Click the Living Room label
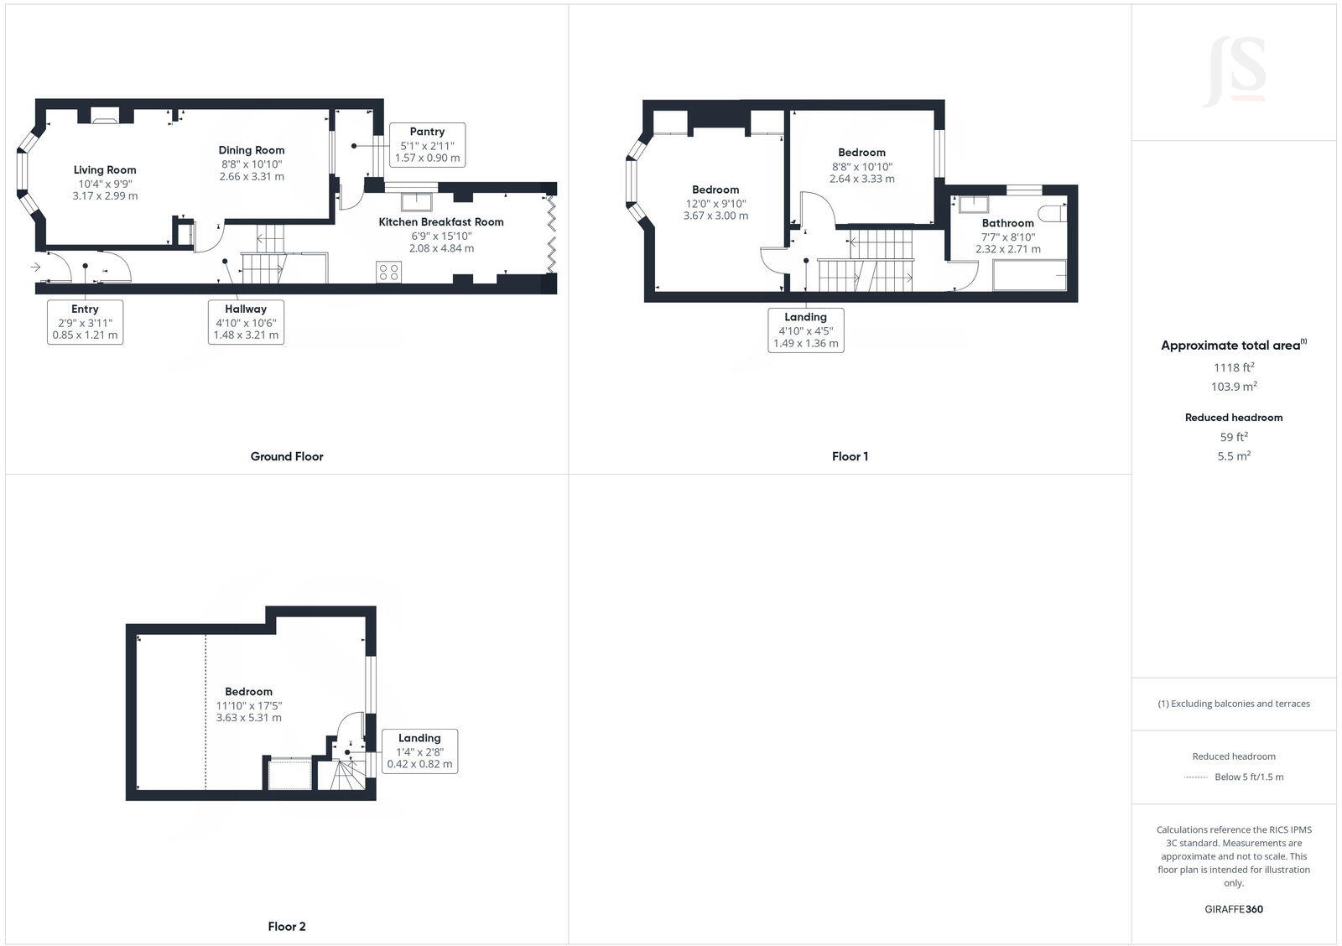(105, 170)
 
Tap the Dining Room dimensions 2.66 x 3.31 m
(252, 177)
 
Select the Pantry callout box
(427, 144)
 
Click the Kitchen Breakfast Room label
(441, 222)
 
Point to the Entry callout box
(85, 322)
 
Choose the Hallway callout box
(245, 322)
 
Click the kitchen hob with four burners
(389, 272)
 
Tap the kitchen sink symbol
(417, 201)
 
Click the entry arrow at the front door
(35, 268)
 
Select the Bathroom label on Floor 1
(1007, 223)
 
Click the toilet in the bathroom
(1053, 211)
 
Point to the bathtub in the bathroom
(1029, 275)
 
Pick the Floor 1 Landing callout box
(805, 330)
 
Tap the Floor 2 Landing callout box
(419, 751)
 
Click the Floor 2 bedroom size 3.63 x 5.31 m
(249, 718)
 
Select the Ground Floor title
(287, 456)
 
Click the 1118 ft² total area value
(1233, 367)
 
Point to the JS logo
(1234, 72)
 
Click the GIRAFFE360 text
(1233, 909)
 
